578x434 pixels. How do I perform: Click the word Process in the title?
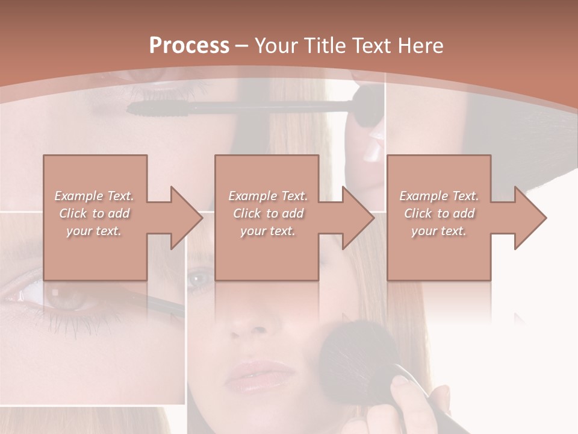click(x=189, y=46)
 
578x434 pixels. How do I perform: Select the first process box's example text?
click(x=95, y=213)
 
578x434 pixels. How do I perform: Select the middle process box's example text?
click(x=268, y=213)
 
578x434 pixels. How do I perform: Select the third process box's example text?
click(x=439, y=213)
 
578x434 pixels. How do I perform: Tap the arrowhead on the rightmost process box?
click(x=529, y=218)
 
